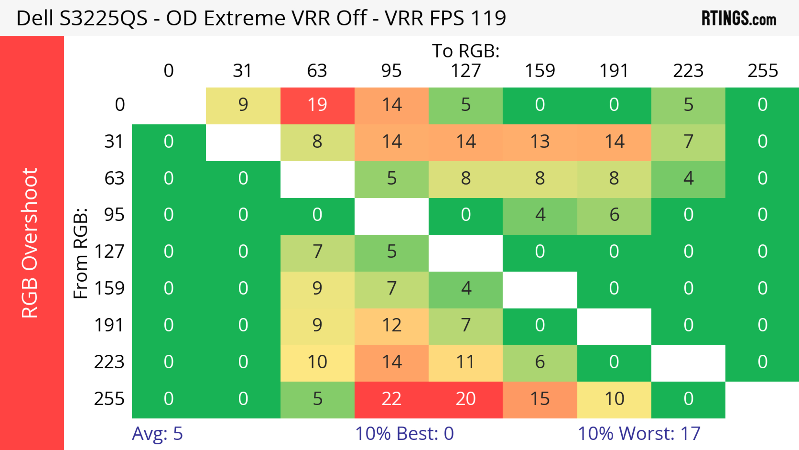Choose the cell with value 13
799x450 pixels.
point(540,142)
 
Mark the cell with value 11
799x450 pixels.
point(466,362)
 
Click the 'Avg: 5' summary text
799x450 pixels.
point(157,434)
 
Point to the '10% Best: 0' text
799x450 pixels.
point(404,434)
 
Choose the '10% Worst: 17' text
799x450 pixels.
point(639,434)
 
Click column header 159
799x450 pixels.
point(540,71)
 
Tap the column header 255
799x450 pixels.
point(762,71)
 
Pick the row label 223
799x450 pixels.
point(109,362)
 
